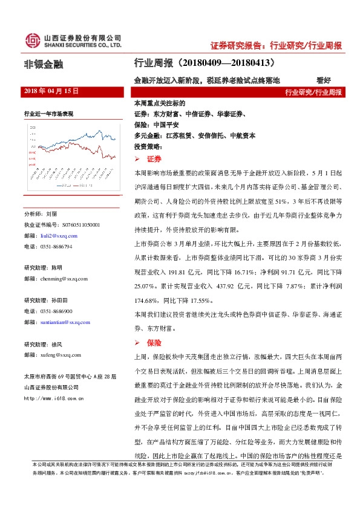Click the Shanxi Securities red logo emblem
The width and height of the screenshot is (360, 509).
pos(33,41)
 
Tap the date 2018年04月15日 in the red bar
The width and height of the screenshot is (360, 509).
pos(51,91)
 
